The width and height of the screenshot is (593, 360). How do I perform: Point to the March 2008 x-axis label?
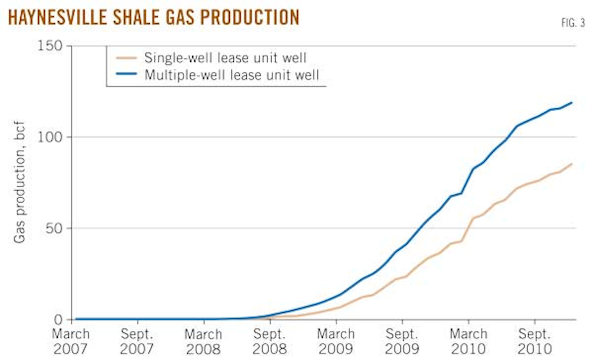coord(205,341)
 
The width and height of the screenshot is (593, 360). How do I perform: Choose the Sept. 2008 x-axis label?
coord(270,341)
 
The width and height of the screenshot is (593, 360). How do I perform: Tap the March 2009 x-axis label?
coord(337,341)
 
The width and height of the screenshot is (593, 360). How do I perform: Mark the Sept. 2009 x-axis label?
coord(402,341)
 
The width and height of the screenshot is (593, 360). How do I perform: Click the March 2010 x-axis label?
coord(468,341)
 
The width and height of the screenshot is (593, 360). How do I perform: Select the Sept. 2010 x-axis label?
coord(534,341)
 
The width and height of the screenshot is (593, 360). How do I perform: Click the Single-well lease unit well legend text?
coord(225,58)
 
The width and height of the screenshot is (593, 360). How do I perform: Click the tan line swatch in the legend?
coord(127,58)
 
